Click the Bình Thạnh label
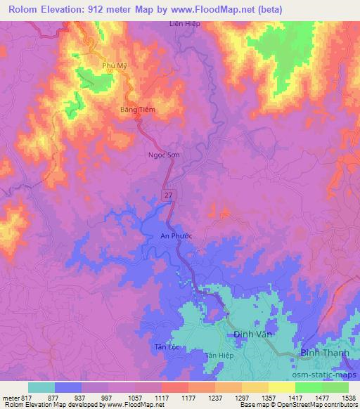(323, 351)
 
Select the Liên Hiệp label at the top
(185, 23)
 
